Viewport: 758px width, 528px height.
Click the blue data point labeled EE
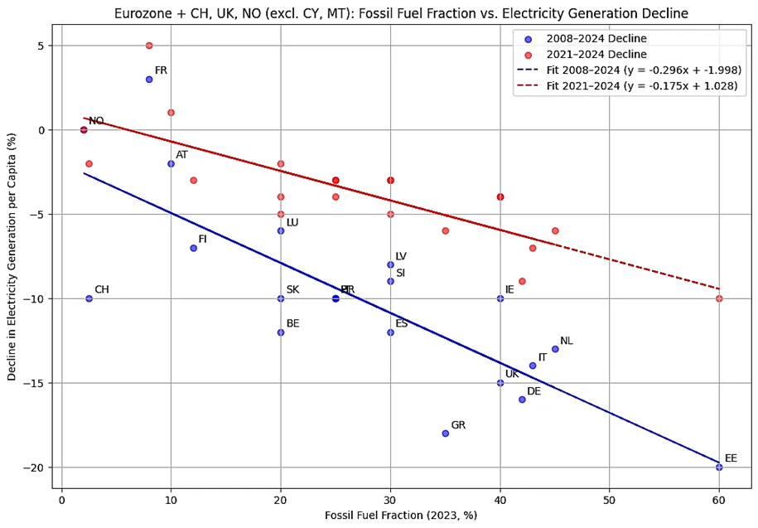coord(719,467)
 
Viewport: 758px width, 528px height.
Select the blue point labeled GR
coord(445,433)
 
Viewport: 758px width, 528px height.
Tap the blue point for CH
coord(89,298)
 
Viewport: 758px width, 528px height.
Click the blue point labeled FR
coord(149,80)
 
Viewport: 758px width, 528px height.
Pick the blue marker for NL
coord(555,349)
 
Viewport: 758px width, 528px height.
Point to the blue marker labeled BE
coord(281,332)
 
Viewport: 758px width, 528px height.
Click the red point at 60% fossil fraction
coord(719,298)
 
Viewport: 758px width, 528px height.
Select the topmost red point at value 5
coord(149,46)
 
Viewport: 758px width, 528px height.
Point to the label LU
coord(292,223)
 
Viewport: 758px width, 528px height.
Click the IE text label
coord(509,290)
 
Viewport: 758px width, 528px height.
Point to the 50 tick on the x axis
coord(609,500)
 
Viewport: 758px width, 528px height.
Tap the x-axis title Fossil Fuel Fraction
coord(401,516)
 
